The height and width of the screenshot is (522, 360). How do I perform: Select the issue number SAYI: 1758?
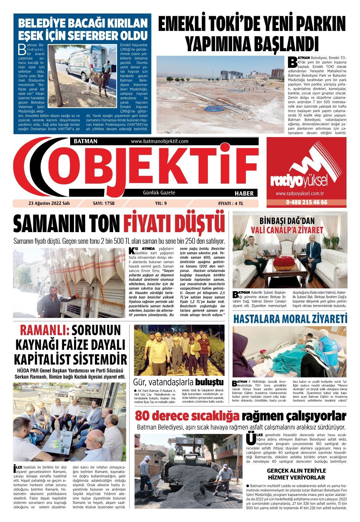pos(104,203)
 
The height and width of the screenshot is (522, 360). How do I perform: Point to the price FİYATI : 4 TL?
pos(231,203)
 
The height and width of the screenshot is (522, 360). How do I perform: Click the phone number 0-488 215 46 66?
pos(306,202)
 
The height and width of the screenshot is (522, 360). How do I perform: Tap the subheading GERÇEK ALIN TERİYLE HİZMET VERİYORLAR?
pos(296,474)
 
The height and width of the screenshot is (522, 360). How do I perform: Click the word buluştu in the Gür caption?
pos(209,382)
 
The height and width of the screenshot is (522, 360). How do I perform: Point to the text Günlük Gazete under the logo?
pos(159,193)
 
